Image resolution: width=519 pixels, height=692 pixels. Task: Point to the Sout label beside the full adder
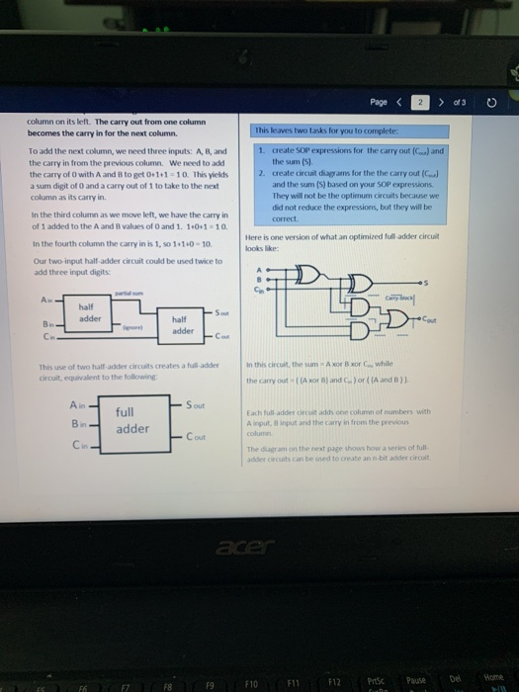tap(195, 405)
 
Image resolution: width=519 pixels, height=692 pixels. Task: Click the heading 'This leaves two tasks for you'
tap(311, 130)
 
